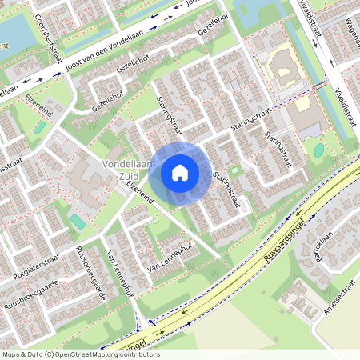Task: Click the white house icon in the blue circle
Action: (180, 172)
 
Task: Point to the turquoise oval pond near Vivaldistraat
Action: (319, 150)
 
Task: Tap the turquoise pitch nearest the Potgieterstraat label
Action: (77, 221)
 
